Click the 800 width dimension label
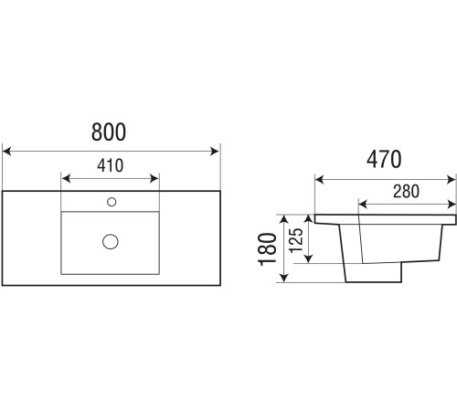pyautogui.click(x=109, y=132)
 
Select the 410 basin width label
pyautogui.click(x=111, y=165)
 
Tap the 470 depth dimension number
pyautogui.click(x=384, y=159)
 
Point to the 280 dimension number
pyautogui.click(x=406, y=191)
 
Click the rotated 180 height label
pyautogui.click(x=267, y=249)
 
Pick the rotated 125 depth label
pyautogui.click(x=296, y=240)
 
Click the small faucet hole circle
pyautogui.click(x=112, y=202)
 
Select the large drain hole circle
pyautogui.click(x=111, y=242)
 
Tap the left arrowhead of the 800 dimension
pyautogui.click(x=6, y=151)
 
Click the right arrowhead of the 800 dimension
pyautogui.click(x=215, y=151)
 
